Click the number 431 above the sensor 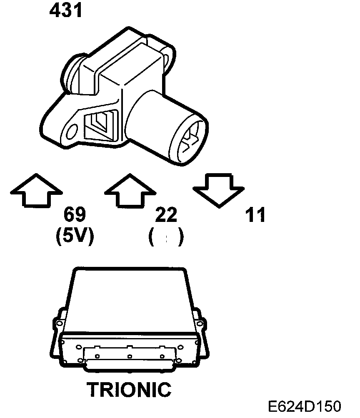[66, 11]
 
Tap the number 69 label [75, 216]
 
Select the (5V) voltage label [75, 236]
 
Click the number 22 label [166, 216]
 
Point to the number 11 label [255, 216]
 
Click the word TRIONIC [129, 389]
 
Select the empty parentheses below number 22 [166, 238]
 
